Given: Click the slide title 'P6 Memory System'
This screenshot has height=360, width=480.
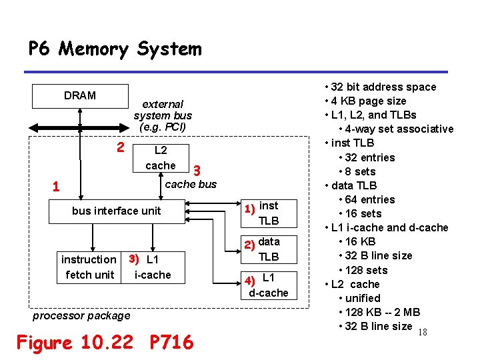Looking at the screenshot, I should [x=114, y=49].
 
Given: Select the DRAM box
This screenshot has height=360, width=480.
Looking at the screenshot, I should [x=80, y=96].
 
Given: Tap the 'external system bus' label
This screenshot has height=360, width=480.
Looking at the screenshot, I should [x=163, y=115].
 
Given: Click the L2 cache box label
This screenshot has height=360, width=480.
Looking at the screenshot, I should [x=161, y=158].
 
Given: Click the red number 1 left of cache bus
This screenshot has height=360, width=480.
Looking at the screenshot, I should [x=56, y=187].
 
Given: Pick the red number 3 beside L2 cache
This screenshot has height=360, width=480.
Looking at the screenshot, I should [x=197, y=171].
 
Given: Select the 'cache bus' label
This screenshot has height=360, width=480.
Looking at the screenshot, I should [x=191, y=184].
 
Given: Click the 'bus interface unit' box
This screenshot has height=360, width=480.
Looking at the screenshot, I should [x=117, y=211].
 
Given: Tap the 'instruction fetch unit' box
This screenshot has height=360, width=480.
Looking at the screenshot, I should [x=88, y=267].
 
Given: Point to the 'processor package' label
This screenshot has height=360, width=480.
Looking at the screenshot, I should [x=81, y=315].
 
